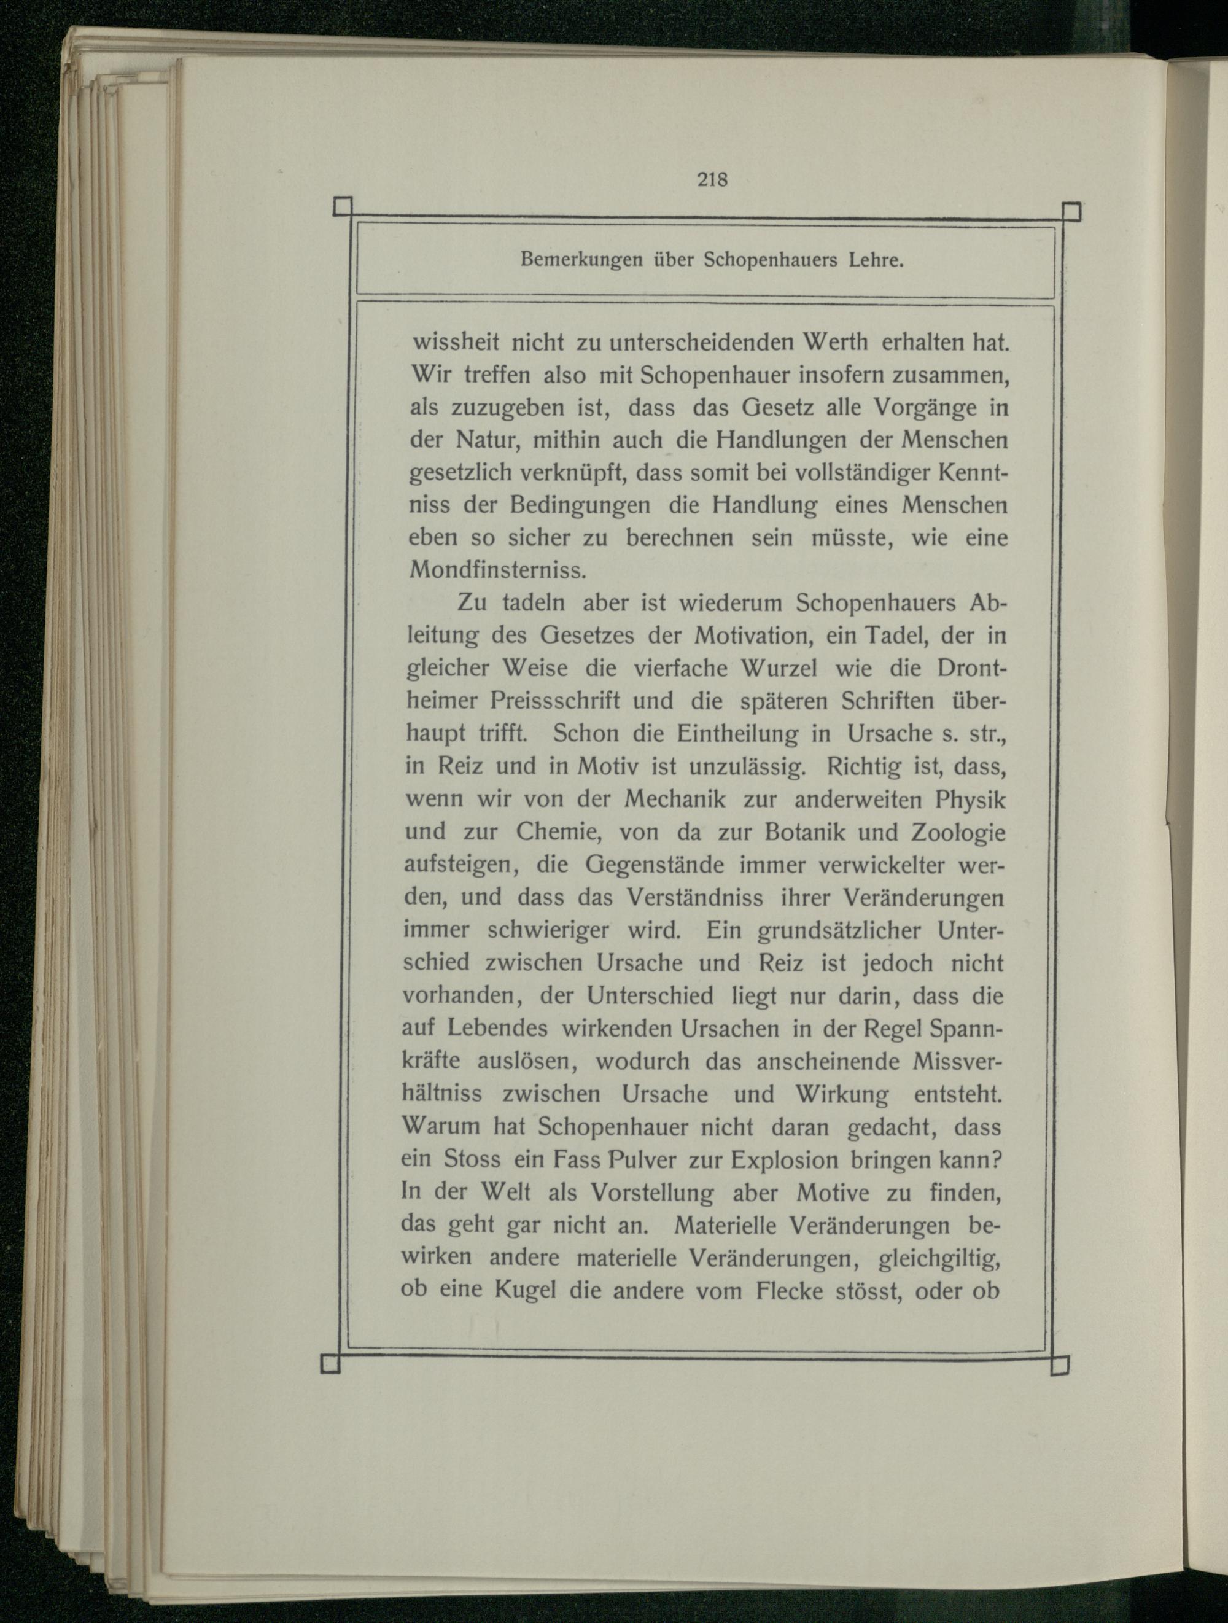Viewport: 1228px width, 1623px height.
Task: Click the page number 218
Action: click(712, 200)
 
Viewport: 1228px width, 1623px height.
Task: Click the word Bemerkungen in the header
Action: click(581, 260)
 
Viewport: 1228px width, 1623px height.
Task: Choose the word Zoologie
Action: click(958, 832)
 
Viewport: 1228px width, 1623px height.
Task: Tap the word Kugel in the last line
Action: click(525, 1291)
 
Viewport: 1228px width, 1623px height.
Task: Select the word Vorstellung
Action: click(652, 1193)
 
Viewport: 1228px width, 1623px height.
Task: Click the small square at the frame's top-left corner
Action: click(343, 207)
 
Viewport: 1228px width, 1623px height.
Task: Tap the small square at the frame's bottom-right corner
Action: click(1060, 1366)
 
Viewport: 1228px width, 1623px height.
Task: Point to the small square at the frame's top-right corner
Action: click(1072, 212)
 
